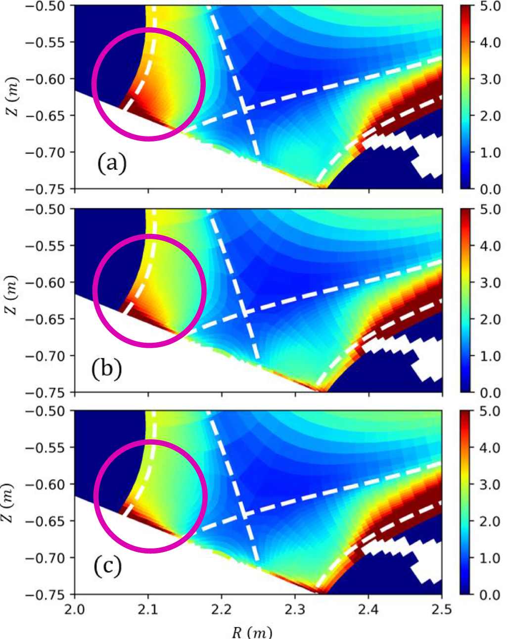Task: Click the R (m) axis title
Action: coord(252,632)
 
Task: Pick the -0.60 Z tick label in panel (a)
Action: coord(47,79)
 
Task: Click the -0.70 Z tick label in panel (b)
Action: coord(47,356)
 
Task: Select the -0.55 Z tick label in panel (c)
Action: coord(47,448)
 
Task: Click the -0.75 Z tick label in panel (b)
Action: coord(47,392)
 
